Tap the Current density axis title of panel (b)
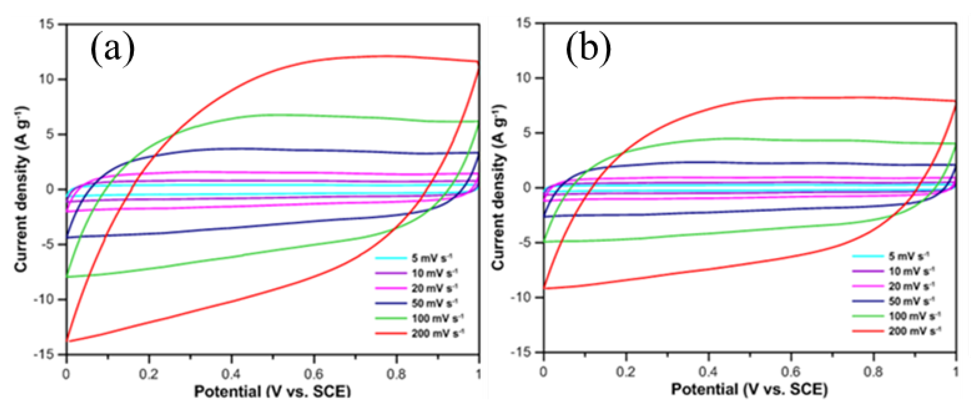coord(498,187)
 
